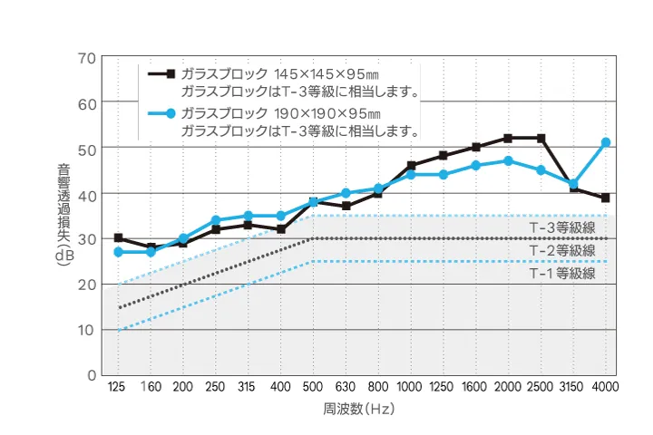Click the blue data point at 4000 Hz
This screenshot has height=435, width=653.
(x=605, y=142)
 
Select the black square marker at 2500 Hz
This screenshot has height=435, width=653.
(x=541, y=138)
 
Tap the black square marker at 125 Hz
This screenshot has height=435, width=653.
(x=118, y=237)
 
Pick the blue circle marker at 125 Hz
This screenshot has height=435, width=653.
(x=118, y=252)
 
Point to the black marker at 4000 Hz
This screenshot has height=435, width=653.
(x=605, y=198)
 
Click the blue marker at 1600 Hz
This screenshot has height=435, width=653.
(x=475, y=166)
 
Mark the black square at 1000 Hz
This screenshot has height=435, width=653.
(x=411, y=166)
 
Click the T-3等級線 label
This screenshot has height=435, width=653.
(x=562, y=227)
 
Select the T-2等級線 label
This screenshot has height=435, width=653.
(x=562, y=250)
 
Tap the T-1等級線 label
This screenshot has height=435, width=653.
(x=562, y=273)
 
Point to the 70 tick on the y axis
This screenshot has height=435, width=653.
(x=87, y=58)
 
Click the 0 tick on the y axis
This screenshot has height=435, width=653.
(x=92, y=374)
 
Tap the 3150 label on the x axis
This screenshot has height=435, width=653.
(x=573, y=387)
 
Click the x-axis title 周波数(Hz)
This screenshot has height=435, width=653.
(x=360, y=410)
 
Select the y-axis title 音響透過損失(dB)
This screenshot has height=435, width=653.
(x=63, y=215)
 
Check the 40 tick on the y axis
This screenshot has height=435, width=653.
(x=87, y=194)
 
